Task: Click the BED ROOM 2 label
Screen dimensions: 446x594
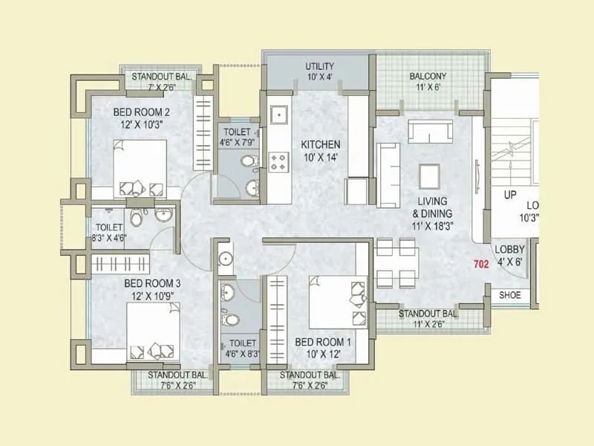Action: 142,112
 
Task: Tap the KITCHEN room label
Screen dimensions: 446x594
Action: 320,144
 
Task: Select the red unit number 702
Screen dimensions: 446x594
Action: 480,264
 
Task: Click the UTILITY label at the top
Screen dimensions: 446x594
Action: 320,67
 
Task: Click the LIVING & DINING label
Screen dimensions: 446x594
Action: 431,207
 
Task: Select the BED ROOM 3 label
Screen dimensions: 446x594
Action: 152,284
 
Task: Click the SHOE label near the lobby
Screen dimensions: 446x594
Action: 510,295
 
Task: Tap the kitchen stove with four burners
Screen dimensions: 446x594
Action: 281,161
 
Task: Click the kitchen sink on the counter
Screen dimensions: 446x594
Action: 280,115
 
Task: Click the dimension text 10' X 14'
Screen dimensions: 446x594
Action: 320,157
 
